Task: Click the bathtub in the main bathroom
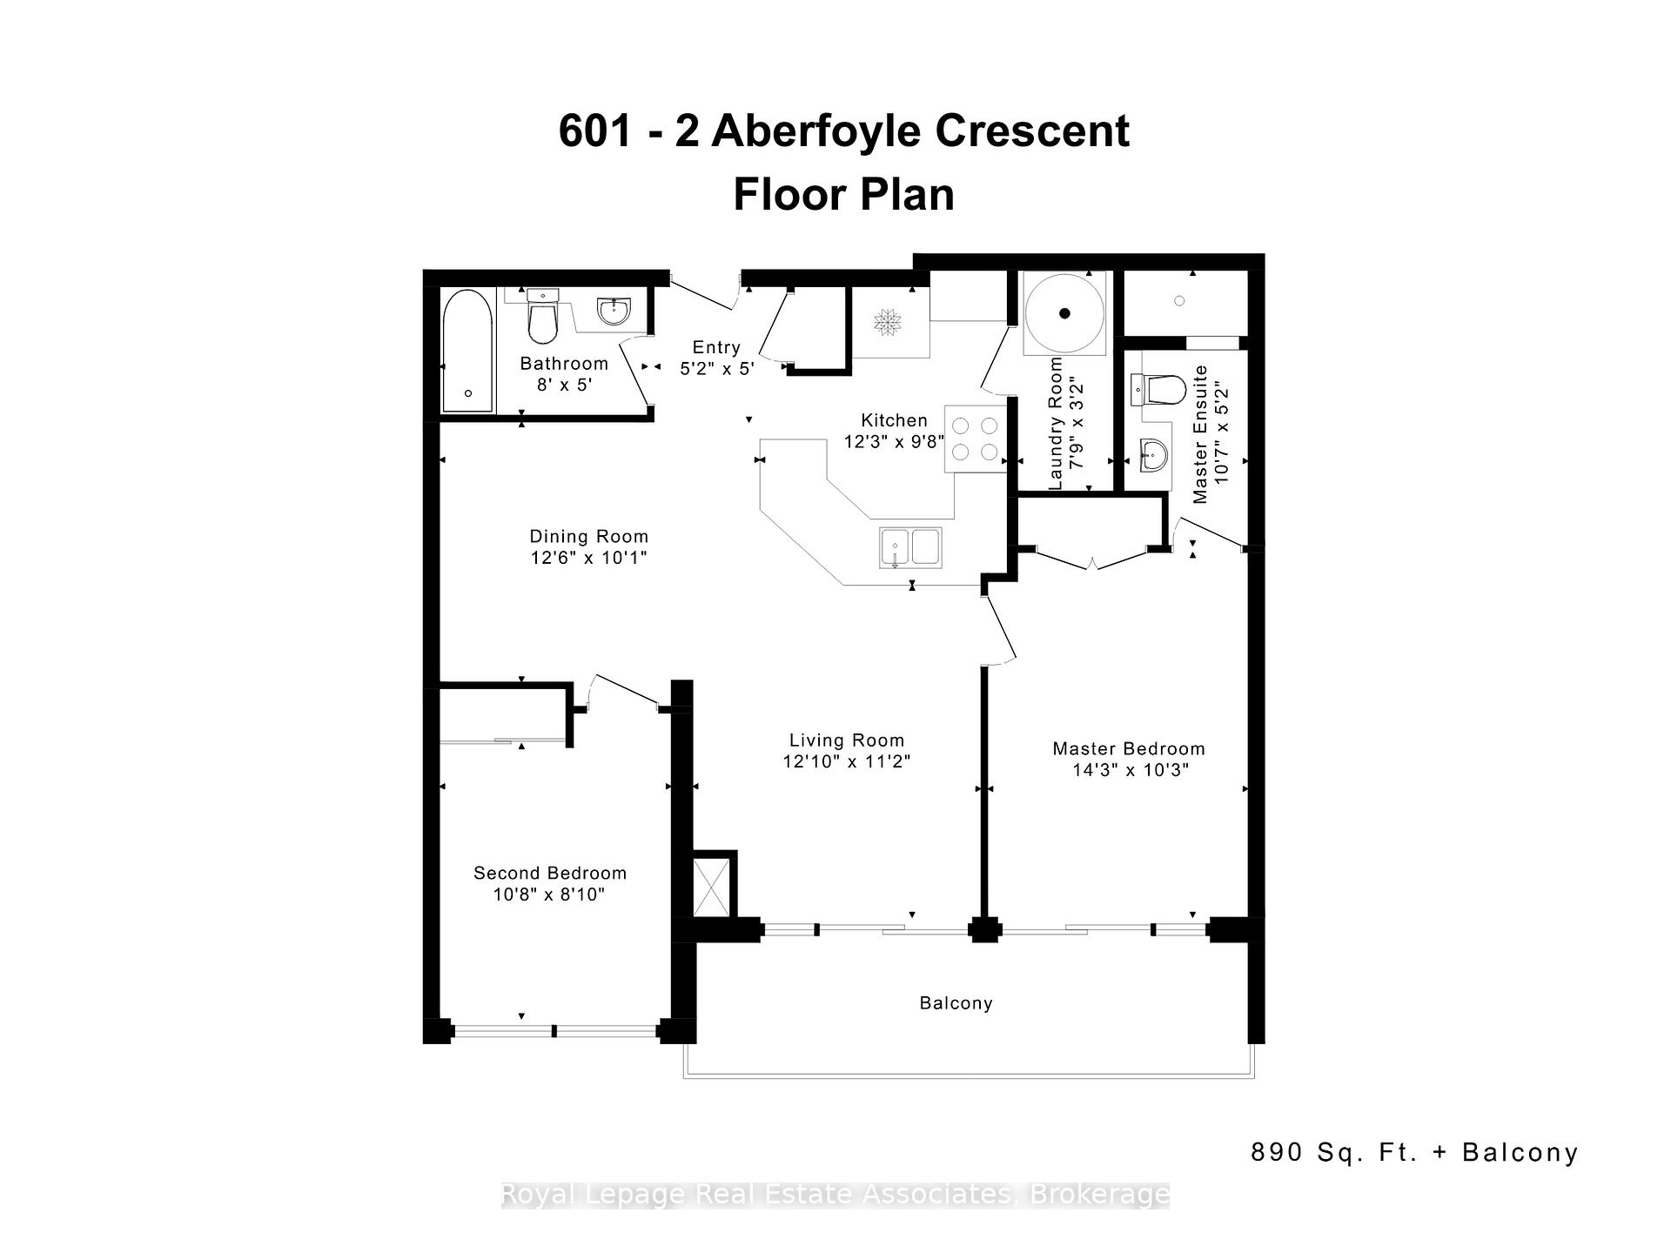(x=467, y=351)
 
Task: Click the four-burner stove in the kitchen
(x=975, y=439)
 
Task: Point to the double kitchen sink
(x=910, y=548)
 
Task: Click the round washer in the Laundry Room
(x=1064, y=313)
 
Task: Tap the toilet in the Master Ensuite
(x=1158, y=390)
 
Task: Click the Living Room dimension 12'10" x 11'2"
(x=846, y=761)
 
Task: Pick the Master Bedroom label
(x=1129, y=748)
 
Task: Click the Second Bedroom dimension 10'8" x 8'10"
(x=549, y=895)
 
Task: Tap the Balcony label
(x=956, y=1003)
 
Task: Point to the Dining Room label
(x=589, y=537)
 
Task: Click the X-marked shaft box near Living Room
(x=711, y=886)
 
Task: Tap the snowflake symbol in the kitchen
(x=888, y=321)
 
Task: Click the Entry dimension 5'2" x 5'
(x=716, y=368)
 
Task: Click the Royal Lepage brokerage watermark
(x=835, y=1195)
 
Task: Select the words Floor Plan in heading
(x=843, y=194)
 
